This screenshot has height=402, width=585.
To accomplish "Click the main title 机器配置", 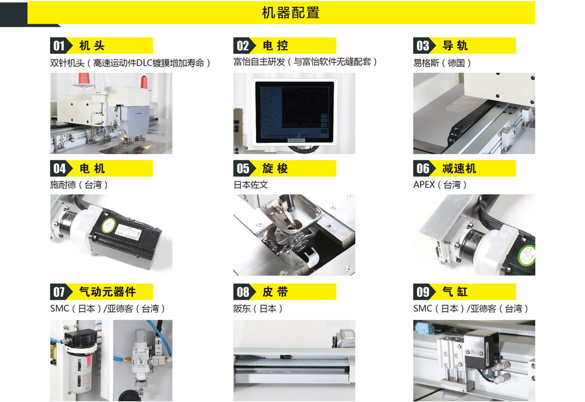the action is (291, 13).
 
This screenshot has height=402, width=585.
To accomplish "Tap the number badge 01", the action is (59, 45).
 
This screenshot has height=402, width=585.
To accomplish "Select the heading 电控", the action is (275, 45).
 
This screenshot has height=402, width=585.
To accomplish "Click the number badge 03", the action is (423, 45).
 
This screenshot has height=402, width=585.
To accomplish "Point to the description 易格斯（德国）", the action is (442, 63).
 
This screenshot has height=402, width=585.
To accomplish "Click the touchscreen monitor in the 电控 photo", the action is (294, 111).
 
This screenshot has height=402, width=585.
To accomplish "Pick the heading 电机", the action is (92, 168).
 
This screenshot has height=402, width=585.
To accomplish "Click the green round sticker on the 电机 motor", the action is (109, 224).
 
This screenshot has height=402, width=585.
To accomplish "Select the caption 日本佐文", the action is (251, 185).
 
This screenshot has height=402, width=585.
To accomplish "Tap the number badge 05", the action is (243, 168).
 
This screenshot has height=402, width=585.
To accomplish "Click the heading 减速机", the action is (459, 168).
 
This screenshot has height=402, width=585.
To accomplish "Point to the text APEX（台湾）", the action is (441, 185).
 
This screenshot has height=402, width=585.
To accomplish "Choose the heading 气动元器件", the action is (107, 291).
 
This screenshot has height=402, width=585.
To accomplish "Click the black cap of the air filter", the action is (79, 339).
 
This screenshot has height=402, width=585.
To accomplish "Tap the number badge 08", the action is (243, 291).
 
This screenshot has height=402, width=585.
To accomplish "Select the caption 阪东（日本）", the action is (258, 309).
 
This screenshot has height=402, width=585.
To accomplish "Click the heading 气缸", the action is (455, 291).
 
